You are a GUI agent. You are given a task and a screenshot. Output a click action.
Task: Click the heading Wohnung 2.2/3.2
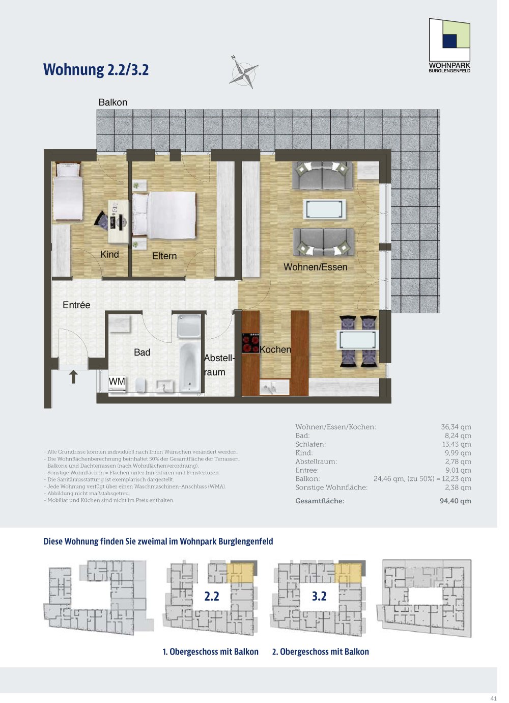point(96,70)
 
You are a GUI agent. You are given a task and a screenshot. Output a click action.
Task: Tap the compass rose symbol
point(243,72)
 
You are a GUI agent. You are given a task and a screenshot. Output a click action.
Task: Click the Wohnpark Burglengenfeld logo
point(450,45)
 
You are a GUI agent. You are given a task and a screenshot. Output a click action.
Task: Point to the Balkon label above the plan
point(113,102)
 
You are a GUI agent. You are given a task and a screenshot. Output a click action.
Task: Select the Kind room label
point(109,255)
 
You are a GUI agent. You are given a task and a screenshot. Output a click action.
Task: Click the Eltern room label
point(164,256)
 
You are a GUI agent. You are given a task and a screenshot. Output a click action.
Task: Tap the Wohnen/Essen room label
point(316,267)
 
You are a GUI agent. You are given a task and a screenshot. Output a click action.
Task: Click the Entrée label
point(76,305)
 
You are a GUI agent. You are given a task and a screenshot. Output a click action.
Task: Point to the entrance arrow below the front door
point(73,376)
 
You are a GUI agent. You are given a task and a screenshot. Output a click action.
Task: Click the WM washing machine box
point(117,383)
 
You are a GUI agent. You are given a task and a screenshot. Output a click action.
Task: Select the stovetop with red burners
point(250,343)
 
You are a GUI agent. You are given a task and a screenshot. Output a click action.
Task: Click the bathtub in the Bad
point(190,367)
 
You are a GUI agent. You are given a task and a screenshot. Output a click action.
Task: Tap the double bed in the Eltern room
point(164,214)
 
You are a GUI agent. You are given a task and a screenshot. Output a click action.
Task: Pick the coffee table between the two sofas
point(324,208)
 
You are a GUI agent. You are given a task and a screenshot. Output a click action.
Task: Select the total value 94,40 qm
point(456,501)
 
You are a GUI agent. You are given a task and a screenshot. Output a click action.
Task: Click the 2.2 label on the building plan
point(212,597)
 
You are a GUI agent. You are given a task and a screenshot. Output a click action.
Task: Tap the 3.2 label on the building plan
point(319,597)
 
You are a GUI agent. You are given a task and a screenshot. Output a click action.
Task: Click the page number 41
point(493,698)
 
